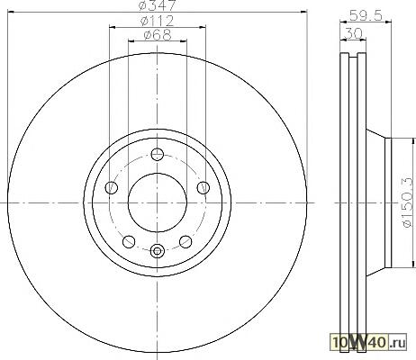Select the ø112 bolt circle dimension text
tap(158, 21)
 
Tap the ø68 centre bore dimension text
tap(158, 34)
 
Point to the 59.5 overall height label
tap(366, 15)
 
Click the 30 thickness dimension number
tap(354, 33)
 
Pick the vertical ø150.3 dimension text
tap(409, 202)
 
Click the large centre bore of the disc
tap(158, 202)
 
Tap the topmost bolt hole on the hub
tap(158, 154)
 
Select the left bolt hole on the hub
tap(112, 187)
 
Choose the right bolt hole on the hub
tap(203, 187)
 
